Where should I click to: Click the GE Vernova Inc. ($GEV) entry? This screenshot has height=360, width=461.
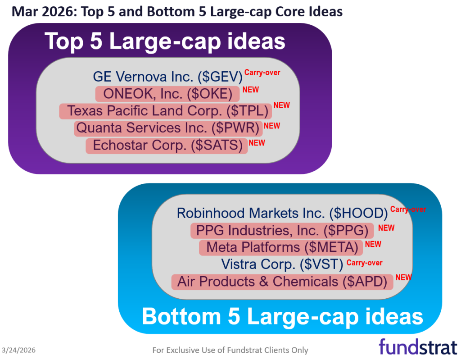[168, 77]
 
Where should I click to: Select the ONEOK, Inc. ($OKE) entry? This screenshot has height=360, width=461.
[167, 94]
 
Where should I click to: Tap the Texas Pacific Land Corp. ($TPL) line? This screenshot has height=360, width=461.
[165, 111]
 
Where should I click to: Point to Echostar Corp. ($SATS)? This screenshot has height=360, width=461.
[167, 145]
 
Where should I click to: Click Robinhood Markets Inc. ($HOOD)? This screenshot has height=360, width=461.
[282, 213]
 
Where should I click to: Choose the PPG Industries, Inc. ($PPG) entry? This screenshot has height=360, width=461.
[282, 231]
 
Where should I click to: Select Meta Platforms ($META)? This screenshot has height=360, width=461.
[281, 247]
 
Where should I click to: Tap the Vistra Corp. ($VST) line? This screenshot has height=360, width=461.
[282, 264]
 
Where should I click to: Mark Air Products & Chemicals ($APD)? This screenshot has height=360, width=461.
[282, 282]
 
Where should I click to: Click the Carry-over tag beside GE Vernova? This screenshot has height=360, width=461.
[262, 72]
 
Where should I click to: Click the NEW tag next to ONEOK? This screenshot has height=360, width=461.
[251, 90]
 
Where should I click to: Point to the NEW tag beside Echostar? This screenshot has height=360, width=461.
[257, 143]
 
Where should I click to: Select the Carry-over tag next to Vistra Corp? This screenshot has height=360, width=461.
[365, 263]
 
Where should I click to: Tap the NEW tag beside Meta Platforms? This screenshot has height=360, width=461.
[373, 244]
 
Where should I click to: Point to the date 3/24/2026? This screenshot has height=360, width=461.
[19, 350]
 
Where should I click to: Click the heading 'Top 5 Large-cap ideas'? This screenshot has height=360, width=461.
[165, 41]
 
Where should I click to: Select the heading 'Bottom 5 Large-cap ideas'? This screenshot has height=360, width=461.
[282, 316]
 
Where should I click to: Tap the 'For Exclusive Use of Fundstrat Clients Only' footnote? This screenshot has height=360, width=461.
[230, 350]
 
